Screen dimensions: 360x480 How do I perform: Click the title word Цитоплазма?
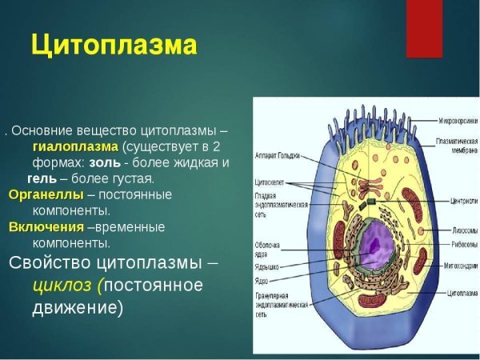(113, 45)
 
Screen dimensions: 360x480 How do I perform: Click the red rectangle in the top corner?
(424, 28)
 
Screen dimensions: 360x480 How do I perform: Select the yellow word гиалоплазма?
(75, 147)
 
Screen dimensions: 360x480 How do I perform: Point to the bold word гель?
(42, 178)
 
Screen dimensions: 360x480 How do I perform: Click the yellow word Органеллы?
(46, 195)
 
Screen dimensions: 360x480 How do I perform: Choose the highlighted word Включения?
(46, 227)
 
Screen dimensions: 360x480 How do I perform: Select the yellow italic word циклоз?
(62, 286)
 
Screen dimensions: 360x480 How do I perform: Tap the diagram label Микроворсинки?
(458, 121)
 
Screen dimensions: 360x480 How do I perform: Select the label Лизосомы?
(457, 228)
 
